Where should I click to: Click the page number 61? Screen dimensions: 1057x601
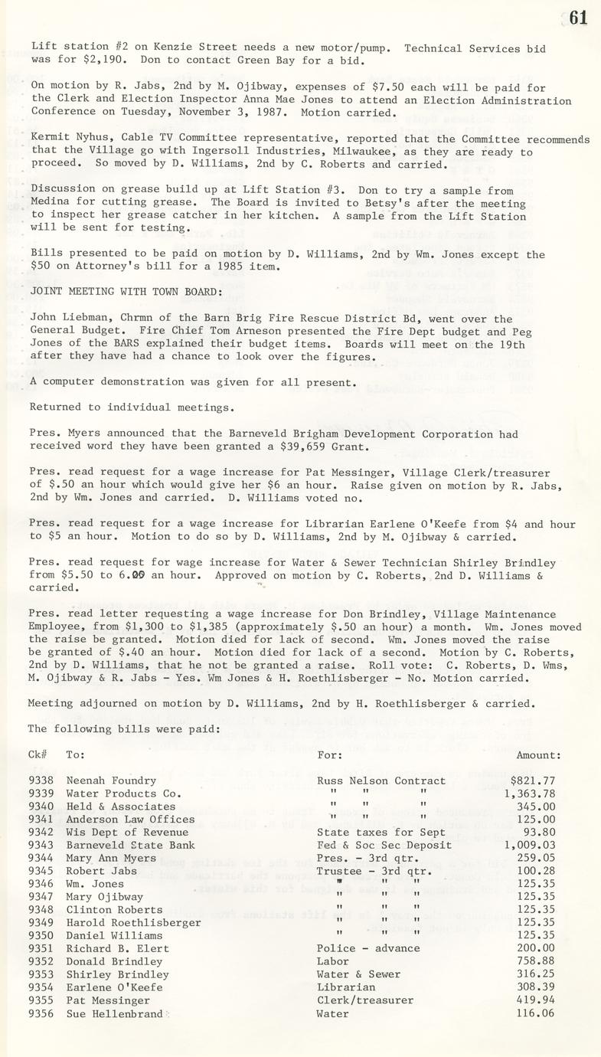point(578,17)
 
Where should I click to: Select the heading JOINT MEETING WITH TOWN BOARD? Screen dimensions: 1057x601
point(126,292)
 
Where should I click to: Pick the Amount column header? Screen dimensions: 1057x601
point(538,754)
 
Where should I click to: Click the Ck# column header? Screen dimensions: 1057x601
point(38,754)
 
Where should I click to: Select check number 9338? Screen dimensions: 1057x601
point(41,780)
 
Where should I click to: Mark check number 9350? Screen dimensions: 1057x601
point(41,935)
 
